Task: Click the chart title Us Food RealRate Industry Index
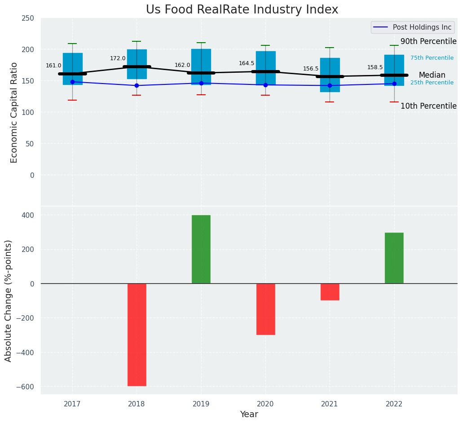(x=242, y=10)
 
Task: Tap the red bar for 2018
(x=136, y=335)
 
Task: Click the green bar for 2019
(x=201, y=249)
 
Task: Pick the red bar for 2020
(x=265, y=309)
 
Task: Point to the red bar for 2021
(x=330, y=292)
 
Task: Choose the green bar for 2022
(x=394, y=258)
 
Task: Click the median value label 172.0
(x=118, y=58)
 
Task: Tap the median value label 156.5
(x=311, y=69)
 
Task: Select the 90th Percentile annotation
(x=428, y=41)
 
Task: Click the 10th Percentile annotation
(x=428, y=106)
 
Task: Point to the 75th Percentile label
(x=432, y=58)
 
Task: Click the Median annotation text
(x=432, y=75)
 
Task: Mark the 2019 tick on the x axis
(x=201, y=404)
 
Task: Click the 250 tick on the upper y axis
(x=28, y=18)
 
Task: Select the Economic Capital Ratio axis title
(x=14, y=112)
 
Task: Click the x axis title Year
(x=249, y=414)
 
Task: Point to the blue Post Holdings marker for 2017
(x=72, y=82)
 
